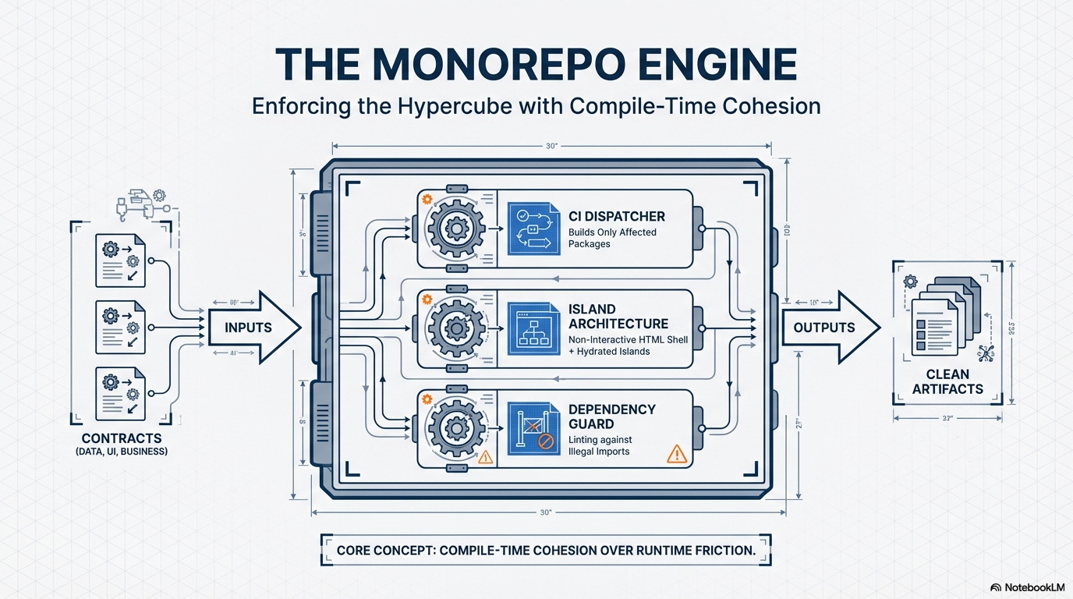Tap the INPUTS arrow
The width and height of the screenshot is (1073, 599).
coord(250,328)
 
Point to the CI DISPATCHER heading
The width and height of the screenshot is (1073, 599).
coord(617,215)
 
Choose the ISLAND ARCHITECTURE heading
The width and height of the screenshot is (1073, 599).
coord(618,316)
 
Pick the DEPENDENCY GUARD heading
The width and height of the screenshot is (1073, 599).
coord(612,416)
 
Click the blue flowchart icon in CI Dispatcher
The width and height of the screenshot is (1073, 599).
coord(533,229)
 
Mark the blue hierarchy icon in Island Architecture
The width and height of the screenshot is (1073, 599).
coord(533,328)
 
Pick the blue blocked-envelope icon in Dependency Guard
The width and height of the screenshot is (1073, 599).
coord(533,428)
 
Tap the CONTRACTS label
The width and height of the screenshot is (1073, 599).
coord(122,438)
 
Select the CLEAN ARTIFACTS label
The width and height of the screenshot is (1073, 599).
coord(947,381)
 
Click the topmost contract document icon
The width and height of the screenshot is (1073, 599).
coord(121,261)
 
